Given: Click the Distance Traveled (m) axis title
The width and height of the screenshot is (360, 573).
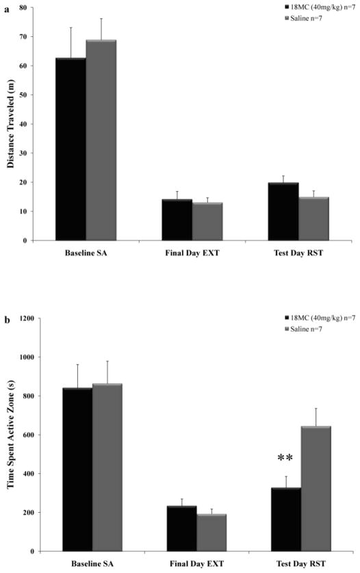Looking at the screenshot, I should click(12, 123).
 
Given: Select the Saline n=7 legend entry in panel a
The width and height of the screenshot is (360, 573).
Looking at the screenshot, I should click(307, 16).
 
